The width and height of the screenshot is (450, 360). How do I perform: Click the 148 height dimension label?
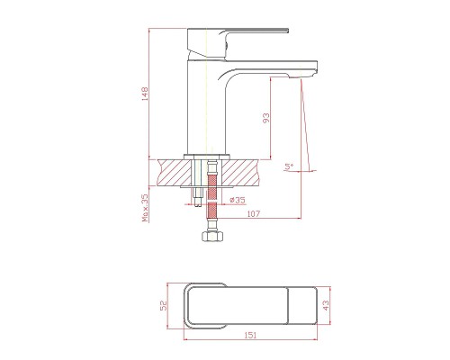coord(145,94)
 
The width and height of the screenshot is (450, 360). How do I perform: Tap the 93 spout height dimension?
coord(266,118)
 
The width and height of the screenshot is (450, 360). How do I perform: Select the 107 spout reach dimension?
coord(254,214)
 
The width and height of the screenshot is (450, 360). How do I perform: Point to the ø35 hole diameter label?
coord(237,200)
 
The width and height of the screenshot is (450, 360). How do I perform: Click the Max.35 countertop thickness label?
coord(145,208)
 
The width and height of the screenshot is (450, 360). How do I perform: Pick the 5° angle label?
coord(289,166)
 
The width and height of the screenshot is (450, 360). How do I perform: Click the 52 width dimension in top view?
coord(163,306)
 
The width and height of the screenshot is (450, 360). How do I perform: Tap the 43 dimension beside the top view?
coord(326,305)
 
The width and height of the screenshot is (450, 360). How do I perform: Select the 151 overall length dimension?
coord(250,335)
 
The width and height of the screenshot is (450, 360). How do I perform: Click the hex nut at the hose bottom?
coord(212,236)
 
